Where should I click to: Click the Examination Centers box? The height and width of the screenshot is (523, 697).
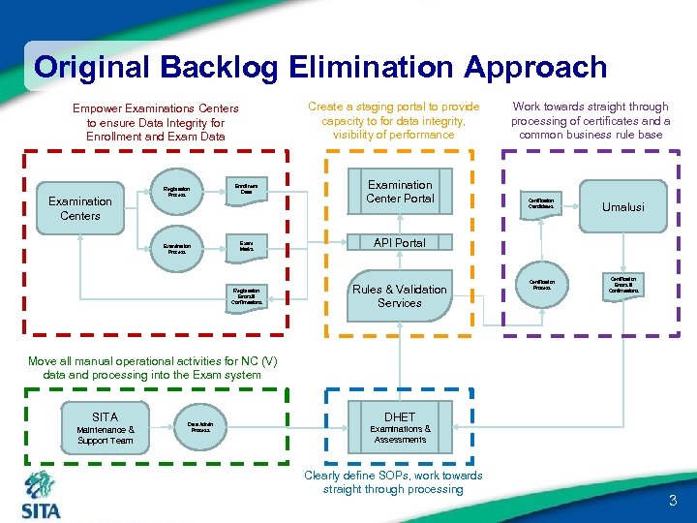click(79, 207)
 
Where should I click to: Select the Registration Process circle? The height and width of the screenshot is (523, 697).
click(177, 192)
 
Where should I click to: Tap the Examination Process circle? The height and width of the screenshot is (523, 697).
click(177, 248)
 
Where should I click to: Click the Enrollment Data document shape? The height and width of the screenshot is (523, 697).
click(247, 191)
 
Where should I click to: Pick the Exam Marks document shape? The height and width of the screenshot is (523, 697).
click(247, 247)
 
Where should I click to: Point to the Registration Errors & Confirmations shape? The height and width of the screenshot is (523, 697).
click(247, 296)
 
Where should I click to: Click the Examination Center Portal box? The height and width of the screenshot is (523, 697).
click(399, 192)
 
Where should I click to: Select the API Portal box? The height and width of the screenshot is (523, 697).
click(399, 242)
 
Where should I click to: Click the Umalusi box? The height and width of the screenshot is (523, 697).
click(622, 206)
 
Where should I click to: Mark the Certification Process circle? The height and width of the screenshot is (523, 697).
click(540, 284)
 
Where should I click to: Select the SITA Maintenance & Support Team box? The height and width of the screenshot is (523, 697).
click(106, 427)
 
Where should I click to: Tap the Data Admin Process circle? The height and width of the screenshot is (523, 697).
click(200, 426)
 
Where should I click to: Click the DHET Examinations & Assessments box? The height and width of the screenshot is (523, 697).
click(399, 427)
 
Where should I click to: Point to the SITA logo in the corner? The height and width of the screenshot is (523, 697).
click(41, 495)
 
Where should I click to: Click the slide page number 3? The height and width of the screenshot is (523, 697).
click(673, 501)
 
